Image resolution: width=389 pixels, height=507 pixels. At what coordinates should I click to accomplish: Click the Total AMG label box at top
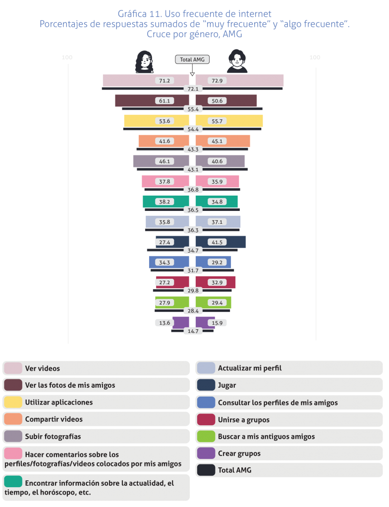coord(192,59)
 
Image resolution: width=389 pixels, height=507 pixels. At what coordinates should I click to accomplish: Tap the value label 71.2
coord(164,81)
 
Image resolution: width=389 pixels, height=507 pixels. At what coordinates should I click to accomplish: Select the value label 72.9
coord(217,81)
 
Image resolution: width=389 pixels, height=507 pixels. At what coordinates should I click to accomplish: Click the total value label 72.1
coord(192,89)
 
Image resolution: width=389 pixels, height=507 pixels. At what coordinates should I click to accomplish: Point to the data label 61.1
coord(164,101)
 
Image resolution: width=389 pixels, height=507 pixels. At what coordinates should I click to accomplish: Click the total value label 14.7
coord(192,331)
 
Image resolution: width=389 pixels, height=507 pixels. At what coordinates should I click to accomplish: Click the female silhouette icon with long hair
coord(144,62)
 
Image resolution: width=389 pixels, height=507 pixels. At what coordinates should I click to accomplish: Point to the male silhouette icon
coord(237,62)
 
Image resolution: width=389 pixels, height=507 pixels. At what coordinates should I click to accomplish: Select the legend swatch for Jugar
coord(206,385)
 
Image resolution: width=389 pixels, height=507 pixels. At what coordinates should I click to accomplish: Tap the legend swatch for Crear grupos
coord(206,453)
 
